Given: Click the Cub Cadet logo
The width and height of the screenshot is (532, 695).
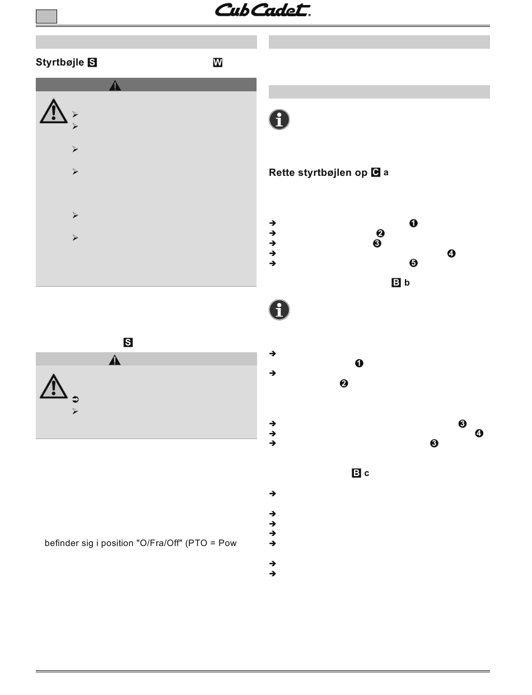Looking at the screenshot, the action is click(x=263, y=11).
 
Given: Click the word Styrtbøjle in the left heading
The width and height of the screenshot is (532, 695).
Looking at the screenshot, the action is click(x=60, y=63).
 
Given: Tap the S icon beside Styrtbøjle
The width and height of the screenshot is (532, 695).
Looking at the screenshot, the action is click(x=92, y=63).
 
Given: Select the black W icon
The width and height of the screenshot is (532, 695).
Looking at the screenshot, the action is click(x=217, y=63).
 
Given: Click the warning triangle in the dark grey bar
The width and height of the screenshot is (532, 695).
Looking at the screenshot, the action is click(x=115, y=86).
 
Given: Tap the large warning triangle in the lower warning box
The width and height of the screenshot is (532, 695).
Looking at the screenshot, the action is click(x=54, y=386).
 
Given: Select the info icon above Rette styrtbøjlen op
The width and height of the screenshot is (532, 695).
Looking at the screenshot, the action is click(x=279, y=120).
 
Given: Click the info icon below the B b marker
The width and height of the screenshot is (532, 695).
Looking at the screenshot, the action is click(x=279, y=310).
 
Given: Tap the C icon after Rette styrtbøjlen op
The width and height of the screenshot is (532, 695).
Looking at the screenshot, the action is click(x=375, y=172).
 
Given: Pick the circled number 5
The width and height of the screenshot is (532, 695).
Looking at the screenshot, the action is click(x=414, y=263).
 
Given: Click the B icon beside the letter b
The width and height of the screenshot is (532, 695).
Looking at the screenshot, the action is click(x=396, y=283).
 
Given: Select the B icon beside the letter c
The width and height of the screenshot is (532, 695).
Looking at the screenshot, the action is click(x=356, y=473).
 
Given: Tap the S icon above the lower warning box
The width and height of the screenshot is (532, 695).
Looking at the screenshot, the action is click(x=128, y=342).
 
